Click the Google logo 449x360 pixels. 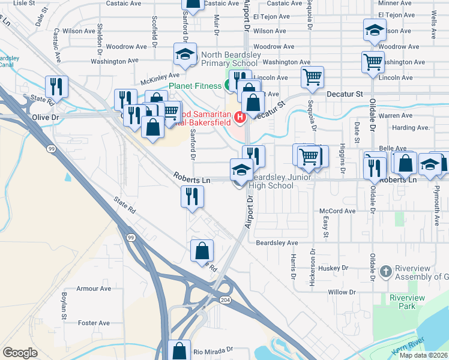[20, 353]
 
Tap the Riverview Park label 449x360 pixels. [407, 302]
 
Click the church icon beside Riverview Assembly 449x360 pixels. [385, 272]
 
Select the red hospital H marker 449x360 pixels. [240, 117]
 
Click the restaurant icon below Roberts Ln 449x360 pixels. [193, 196]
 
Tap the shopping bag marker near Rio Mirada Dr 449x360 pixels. [178, 350]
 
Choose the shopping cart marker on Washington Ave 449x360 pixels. [373, 61]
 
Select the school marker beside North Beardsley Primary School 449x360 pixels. [185, 55]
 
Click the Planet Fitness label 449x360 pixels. [195, 86]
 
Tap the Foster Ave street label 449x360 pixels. [93, 323]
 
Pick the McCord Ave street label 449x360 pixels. [338, 211]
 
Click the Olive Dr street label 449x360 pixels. [47, 118]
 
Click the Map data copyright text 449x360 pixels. [423, 355]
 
